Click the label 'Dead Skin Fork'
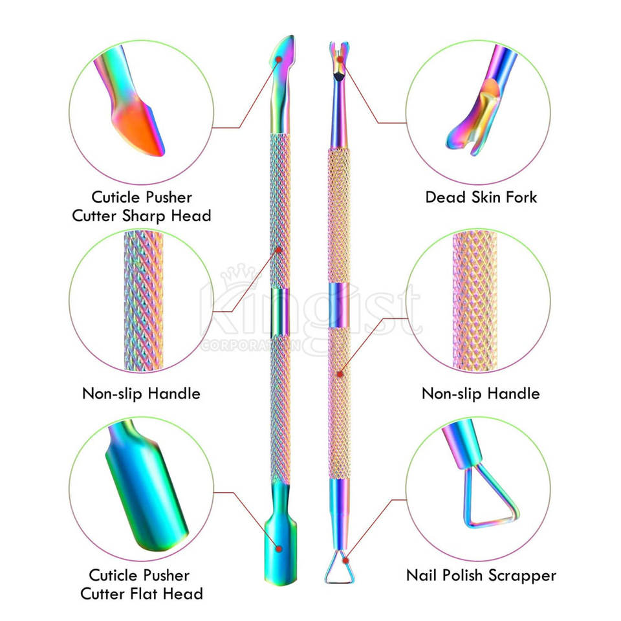click(x=481, y=197)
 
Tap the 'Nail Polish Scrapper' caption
click(x=481, y=574)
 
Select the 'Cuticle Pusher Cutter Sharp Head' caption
click(x=141, y=206)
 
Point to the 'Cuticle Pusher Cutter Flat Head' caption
click(x=141, y=584)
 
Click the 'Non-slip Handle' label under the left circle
click(x=141, y=393)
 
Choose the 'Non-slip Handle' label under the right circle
click(x=481, y=393)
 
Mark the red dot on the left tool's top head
click(x=279, y=59)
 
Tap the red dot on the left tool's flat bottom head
click(x=279, y=548)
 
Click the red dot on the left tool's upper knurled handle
click(x=279, y=249)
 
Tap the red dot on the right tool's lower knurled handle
click(x=340, y=373)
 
